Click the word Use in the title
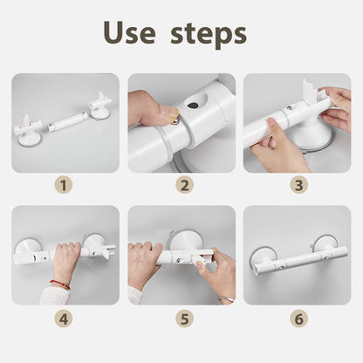pos(129,32)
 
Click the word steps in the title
pos(209,34)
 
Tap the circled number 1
pos(64,185)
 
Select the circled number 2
pos(184,185)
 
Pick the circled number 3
pos(299,185)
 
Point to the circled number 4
pos(64,319)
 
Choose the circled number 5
pos(184,319)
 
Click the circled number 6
pos(299,319)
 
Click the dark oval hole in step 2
pos(193,105)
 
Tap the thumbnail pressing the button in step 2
pos(168,113)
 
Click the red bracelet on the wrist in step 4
pos(60,284)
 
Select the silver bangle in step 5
pos(225,299)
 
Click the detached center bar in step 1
pos(67,123)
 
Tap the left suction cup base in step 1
pos(30,140)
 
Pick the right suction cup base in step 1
pos(99,113)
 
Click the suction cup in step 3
pos(312,137)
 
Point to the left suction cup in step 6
pos(261,257)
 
